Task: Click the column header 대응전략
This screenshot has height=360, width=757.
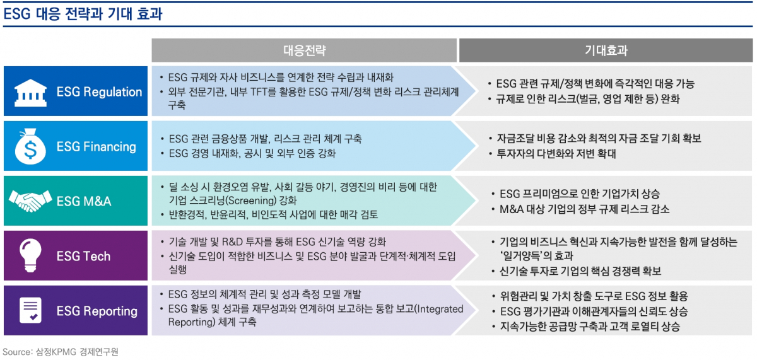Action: tap(304, 50)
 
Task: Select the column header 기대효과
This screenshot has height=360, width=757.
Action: tap(606, 50)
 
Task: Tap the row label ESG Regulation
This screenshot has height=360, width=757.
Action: tap(100, 92)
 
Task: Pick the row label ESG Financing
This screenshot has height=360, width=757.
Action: tap(97, 147)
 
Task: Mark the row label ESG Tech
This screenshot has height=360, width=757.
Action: tap(83, 257)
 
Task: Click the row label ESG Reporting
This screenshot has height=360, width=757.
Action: tap(97, 311)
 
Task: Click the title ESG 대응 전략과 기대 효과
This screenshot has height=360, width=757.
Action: tap(83, 14)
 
